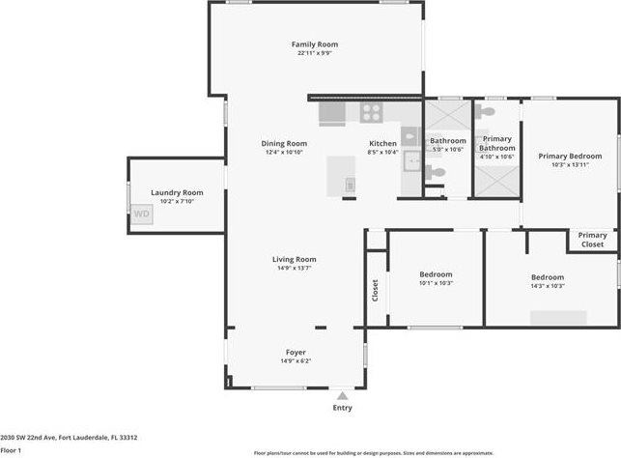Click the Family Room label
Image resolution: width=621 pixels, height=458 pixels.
pyautogui.click(x=315, y=44)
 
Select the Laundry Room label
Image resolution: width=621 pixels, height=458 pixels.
pyautogui.click(x=177, y=192)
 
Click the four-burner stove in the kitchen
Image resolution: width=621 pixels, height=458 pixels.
pyautogui.click(x=372, y=112)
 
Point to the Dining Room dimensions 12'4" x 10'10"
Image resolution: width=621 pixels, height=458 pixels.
pyautogui.click(x=284, y=153)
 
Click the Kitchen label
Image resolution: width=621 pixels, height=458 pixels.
pyautogui.click(x=382, y=143)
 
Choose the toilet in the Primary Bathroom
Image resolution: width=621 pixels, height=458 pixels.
pyautogui.click(x=487, y=113)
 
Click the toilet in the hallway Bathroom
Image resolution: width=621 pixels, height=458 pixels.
pyautogui.click(x=437, y=173)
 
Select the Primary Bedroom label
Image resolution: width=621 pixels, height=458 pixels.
pyautogui.click(x=570, y=156)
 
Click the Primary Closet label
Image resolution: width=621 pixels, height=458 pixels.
pyautogui.click(x=592, y=240)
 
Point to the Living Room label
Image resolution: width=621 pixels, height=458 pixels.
pyautogui.click(x=294, y=259)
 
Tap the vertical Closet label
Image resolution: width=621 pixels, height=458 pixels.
pyautogui.click(x=376, y=289)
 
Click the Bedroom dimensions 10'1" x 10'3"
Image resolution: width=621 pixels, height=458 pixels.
pyautogui.click(x=436, y=284)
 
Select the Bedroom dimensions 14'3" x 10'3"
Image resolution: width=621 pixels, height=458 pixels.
pyautogui.click(x=547, y=286)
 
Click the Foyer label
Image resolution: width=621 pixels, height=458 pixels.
pyautogui.click(x=296, y=352)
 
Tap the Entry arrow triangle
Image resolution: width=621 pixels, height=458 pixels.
pyautogui.click(x=341, y=395)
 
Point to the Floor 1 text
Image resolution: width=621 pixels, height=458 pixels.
pyautogui.click(x=11, y=450)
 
